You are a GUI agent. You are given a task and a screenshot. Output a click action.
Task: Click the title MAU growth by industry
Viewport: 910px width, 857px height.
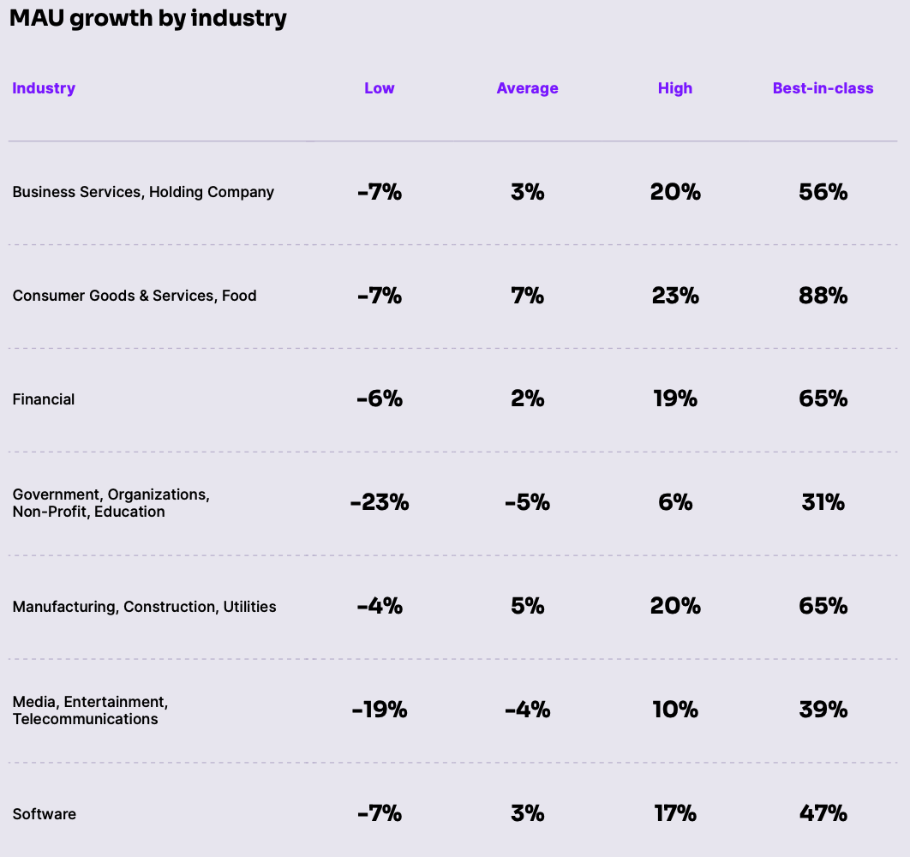coord(147,19)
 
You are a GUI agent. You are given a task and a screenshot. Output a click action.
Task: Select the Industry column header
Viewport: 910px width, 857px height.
coord(44,88)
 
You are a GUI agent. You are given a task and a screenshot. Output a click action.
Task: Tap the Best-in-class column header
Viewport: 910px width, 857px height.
coord(823,88)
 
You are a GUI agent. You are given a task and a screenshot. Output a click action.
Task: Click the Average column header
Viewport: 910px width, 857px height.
coord(527,88)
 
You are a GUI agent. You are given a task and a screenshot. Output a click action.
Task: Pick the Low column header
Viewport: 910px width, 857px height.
coord(380,88)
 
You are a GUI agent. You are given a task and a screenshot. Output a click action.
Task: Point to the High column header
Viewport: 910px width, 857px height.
coord(675,88)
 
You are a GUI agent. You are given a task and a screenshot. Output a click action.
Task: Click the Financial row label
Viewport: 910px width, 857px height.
coord(44,399)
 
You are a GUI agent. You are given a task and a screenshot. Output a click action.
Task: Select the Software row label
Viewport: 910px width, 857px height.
coord(45,814)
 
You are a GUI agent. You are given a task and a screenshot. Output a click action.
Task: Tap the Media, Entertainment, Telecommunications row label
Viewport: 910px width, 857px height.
coord(90,710)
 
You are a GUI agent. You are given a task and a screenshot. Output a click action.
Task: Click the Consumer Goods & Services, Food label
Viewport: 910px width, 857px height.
coord(135,296)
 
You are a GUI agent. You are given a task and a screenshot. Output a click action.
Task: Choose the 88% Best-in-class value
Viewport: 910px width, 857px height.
coord(823,296)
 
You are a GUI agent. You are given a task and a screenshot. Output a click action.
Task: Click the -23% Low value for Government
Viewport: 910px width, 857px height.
coord(380,503)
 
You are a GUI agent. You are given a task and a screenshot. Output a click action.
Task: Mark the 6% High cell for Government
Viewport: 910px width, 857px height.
coord(675,503)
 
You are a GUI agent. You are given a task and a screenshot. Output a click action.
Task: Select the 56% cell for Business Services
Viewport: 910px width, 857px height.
coord(823,192)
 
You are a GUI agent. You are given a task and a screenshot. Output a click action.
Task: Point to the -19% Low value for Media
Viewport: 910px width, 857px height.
coord(380,710)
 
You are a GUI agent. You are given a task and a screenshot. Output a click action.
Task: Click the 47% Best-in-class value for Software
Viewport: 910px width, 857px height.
coord(823,814)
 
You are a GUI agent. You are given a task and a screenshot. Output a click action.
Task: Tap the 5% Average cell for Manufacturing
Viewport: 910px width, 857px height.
coord(527,607)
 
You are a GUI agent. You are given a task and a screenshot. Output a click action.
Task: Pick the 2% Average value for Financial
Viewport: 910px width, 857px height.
coord(527,399)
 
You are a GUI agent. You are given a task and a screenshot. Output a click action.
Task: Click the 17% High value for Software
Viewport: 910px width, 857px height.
coord(675,814)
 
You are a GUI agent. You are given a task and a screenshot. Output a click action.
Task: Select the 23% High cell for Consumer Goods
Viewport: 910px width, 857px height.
coord(675,296)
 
